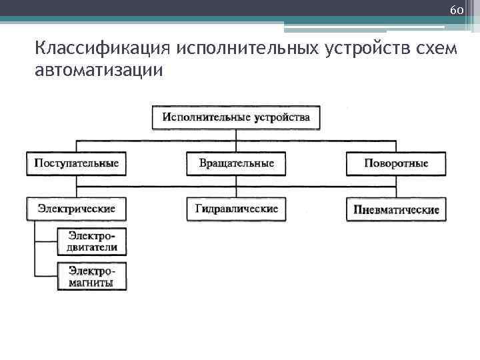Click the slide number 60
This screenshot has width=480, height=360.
click(457, 11)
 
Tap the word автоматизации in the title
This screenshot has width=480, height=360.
click(97, 69)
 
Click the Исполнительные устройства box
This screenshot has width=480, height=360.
click(236, 117)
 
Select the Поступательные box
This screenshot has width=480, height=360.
click(77, 163)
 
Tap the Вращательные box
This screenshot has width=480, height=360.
click(236, 163)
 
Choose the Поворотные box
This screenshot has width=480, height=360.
click(396, 163)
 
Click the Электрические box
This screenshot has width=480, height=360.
click(77, 209)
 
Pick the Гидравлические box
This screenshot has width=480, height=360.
click(236, 209)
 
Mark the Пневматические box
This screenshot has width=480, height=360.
click(396, 209)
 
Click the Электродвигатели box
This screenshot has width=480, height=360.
click(91, 242)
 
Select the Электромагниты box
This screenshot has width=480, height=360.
click(91, 277)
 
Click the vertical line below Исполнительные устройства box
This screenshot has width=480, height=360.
click(236, 135)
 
